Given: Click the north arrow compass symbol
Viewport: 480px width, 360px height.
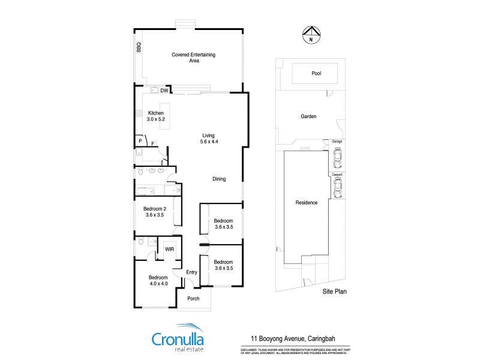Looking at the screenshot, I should [x=310, y=35].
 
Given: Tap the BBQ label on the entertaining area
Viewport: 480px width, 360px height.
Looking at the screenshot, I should [x=139, y=47].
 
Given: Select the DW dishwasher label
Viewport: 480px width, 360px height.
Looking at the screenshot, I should [x=164, y=91].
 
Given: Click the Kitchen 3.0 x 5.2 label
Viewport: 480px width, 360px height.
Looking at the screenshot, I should [x=155, y=116].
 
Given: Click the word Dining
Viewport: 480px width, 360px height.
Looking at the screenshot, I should [x=219, y=179].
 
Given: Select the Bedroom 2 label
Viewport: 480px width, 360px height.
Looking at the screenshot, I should [x=155, y=211].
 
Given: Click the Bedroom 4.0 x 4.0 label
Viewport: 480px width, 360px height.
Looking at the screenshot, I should [x=158, y=281].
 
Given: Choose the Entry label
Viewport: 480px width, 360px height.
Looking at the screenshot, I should [x=191, y=272].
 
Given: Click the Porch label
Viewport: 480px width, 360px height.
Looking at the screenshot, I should [x=193, y=298].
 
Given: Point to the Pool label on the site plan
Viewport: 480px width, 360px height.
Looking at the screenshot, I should [x=316, y=74].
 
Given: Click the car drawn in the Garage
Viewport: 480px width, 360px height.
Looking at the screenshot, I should [x=337, y=158].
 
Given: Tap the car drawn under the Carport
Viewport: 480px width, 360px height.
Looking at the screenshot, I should [x=337, y=188].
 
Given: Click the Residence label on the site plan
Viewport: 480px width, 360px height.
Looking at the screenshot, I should [x=306, y=203].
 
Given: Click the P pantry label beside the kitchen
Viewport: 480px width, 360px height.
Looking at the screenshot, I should [x=140, y=141].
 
